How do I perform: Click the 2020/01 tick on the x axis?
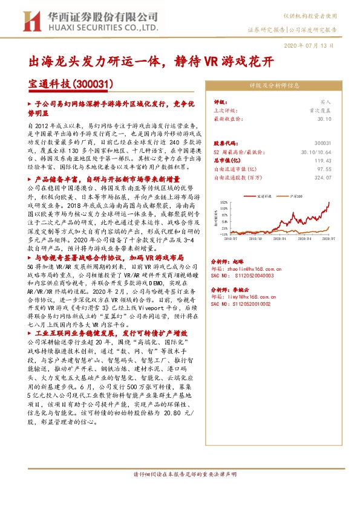[x=280, y=239]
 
